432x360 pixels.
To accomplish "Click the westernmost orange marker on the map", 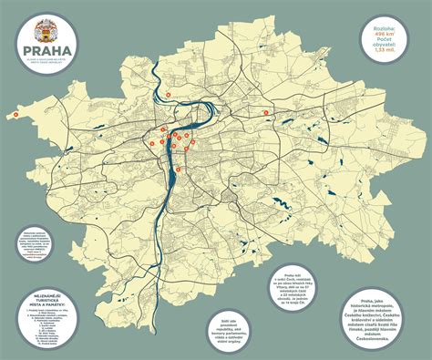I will tap(15, 116).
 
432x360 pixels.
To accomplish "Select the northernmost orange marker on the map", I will tap(168, 95).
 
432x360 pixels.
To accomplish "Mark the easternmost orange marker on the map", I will tap(267, 109).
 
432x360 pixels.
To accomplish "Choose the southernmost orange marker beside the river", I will tap(178, 170).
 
